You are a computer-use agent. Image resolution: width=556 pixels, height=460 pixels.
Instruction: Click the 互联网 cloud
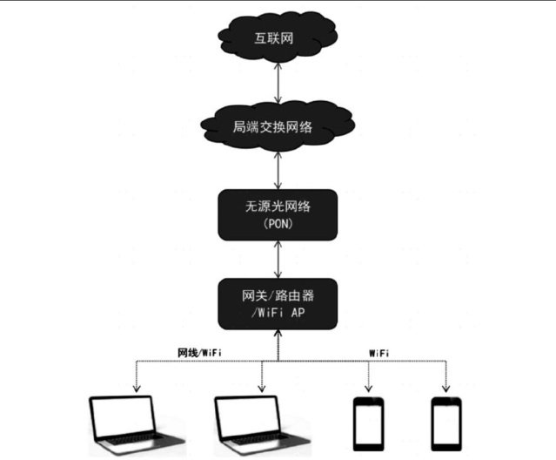(278, 37)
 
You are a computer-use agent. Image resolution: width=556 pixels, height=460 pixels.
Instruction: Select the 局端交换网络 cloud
(278, 128)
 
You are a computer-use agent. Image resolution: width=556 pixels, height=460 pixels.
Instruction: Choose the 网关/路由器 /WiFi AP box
(278, 300)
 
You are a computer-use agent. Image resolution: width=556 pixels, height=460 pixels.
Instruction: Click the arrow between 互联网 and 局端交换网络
(278, 83)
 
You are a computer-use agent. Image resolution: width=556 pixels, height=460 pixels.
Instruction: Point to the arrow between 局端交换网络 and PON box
(278, 171)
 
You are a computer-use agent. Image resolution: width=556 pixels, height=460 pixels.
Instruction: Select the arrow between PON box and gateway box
(278, 257)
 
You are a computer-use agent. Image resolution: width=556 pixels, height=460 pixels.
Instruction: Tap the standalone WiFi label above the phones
(378, 352)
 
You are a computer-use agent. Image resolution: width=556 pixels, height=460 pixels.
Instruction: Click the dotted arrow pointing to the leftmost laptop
(135, 375)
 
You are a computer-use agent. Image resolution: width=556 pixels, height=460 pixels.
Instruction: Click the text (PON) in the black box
(278, 224)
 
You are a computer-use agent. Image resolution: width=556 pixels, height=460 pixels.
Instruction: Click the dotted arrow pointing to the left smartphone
(367, 375)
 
